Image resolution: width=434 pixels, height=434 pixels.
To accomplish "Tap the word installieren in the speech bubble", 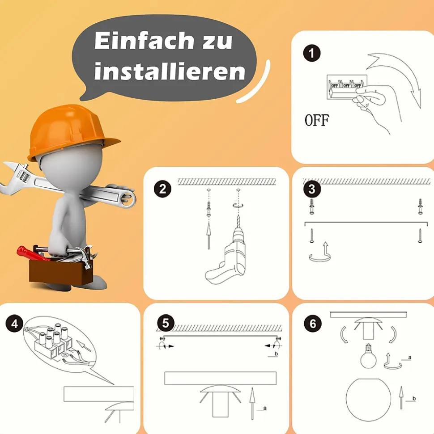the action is click(170, 71).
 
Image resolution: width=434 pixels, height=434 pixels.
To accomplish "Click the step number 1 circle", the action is click(312, 53).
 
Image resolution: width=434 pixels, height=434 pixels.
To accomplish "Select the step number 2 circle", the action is click(162, 189).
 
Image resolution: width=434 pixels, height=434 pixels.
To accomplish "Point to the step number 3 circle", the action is click(312, 189).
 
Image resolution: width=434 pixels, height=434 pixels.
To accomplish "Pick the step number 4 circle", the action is click(14, 324).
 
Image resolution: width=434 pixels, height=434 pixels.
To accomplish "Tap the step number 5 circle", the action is click(166, 323).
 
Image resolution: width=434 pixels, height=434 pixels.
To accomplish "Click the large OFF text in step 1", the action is click(317, 120).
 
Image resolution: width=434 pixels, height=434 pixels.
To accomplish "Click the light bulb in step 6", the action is click(368, 357).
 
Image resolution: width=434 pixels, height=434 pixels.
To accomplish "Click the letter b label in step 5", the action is click(276, 354).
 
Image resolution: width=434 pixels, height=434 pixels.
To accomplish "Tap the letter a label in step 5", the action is click(265, 408).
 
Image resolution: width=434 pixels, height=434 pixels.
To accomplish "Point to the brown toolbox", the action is click(61, 270).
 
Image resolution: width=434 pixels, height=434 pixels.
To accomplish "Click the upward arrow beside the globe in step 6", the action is click(401, 398).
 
